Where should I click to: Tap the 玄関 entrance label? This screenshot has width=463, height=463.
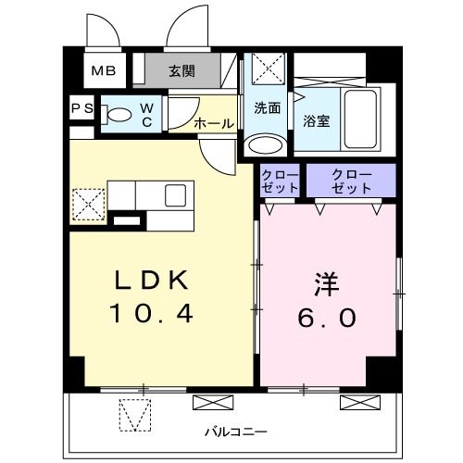[x=183, y=69]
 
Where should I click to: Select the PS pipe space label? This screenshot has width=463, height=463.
[x=82, y=109]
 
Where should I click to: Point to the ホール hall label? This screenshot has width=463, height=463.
[x=212, y=121]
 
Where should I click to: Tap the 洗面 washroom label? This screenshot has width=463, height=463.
[x=268, y=107]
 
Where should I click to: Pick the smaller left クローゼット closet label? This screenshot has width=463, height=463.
[x=280, y=181]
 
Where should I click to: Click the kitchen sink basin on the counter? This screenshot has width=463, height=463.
[x=176, y=194]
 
